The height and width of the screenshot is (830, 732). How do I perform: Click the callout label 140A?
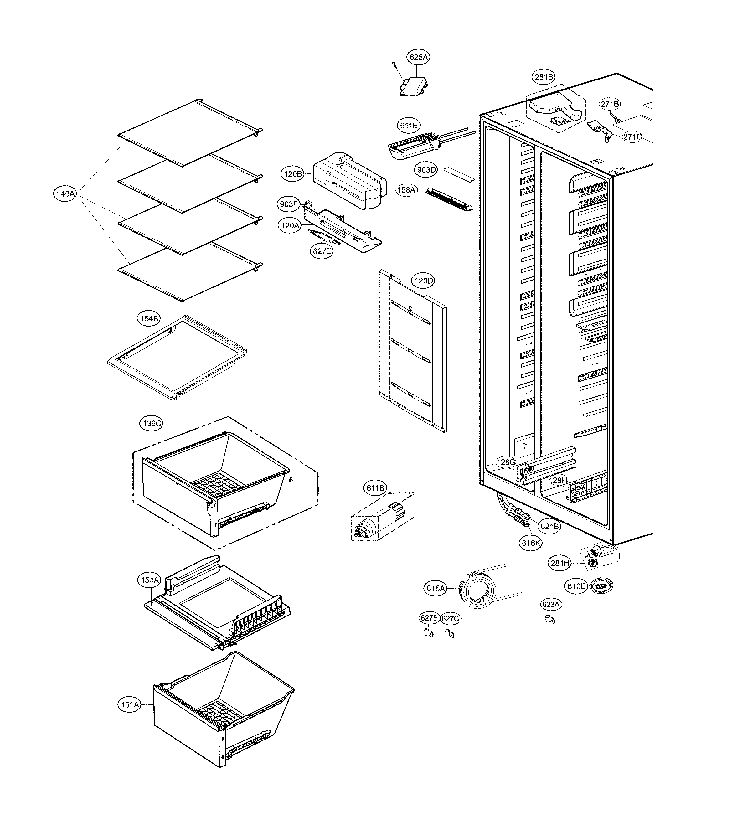(x=65, y=194)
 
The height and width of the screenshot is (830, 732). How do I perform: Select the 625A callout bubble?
(x=419, y=57)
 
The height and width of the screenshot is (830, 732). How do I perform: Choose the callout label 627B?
(x=429, y=618)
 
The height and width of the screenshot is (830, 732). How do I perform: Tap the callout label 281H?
(x=560, y=563)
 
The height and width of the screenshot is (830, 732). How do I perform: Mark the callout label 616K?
(x=531, y=543)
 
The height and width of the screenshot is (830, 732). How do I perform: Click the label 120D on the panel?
(x=423, y=281)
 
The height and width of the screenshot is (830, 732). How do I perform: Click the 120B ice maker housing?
(x=349, y=180)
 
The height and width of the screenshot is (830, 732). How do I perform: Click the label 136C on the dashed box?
(x=152, y=424)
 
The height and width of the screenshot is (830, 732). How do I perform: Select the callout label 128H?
(x=558, y=480)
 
